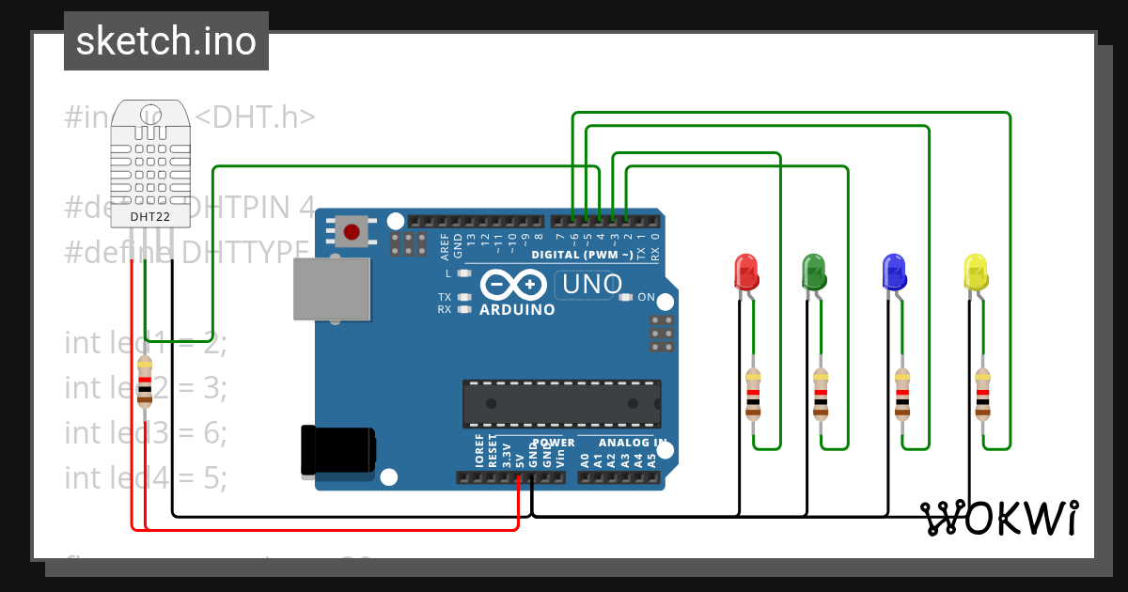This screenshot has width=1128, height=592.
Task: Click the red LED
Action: (x=745, y=271)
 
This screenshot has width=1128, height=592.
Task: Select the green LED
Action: (x=814, y=271)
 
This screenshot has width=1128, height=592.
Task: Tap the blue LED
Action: (x=894, y=271)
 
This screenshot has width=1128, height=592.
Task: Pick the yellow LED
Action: (x=976, y=271)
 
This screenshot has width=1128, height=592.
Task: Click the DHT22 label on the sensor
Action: (x=149, y=216)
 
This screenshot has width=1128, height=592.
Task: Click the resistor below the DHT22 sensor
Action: (x=145, y=382)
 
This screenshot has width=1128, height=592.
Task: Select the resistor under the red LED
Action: (x=753, y=393)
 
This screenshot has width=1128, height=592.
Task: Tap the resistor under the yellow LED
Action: (x=982, y=393)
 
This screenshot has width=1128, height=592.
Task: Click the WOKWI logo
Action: (x=998, y=518)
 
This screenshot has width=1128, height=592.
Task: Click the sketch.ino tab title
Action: (x=166, y=41)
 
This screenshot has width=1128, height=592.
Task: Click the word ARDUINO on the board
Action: (x=517, y=309)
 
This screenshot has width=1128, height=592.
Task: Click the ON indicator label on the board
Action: (x=647, y=297)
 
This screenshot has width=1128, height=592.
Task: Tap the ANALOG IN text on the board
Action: (x=633, y=442)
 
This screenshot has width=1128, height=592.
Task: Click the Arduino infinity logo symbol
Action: (x=513, y=284)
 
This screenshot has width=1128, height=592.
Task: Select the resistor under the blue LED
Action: (x=902, y=393)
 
